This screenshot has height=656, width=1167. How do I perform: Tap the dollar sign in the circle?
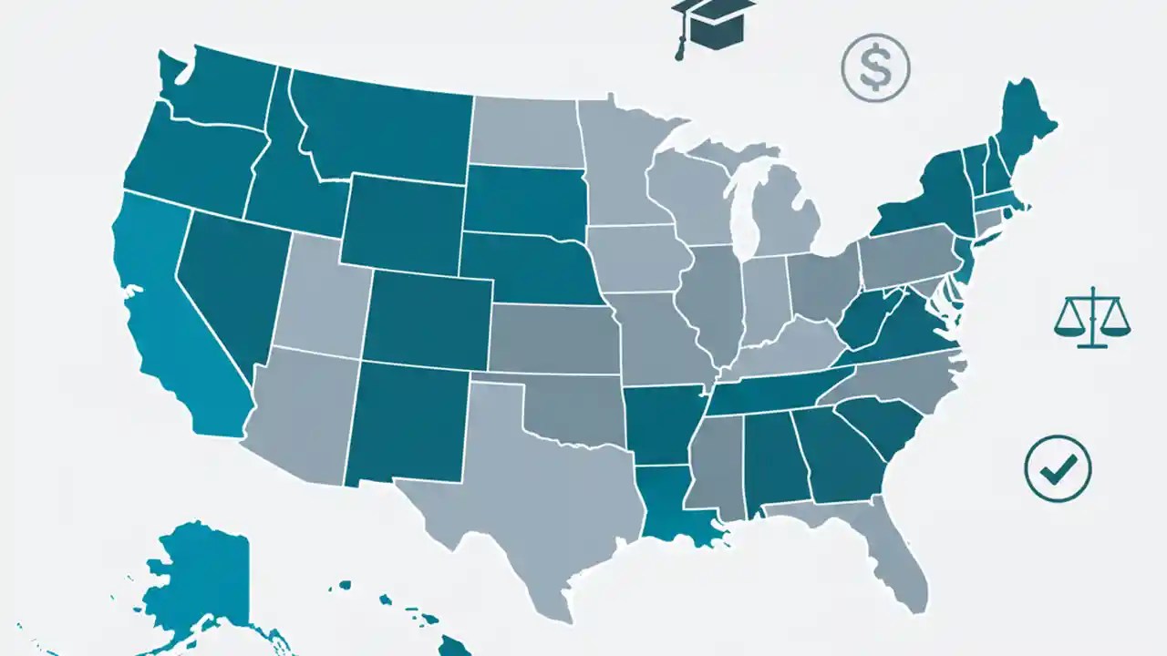[x=875, y=68]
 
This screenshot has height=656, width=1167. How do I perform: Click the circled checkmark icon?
[x=1058, y=468]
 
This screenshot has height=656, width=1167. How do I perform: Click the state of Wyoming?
[x=401, y=223]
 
